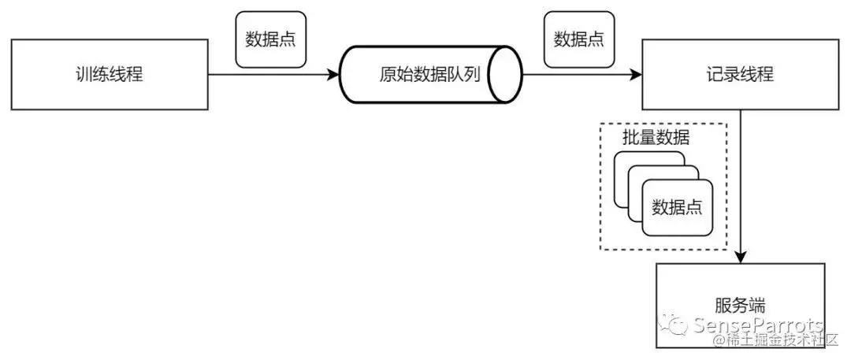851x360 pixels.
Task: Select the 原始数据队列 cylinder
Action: tap(429, 75)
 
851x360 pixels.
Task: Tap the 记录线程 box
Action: tap(740, 75)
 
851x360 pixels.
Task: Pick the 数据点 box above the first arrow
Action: tap(270, 39)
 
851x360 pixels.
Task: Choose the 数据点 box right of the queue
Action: tap(579, 39)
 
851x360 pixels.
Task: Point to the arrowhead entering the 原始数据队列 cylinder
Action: tap(334, 76)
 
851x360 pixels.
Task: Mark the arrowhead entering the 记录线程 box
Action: tap(637, 76)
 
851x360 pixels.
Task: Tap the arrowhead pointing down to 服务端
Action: tap(741, 258)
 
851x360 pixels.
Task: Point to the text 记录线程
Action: tap(740, 75)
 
